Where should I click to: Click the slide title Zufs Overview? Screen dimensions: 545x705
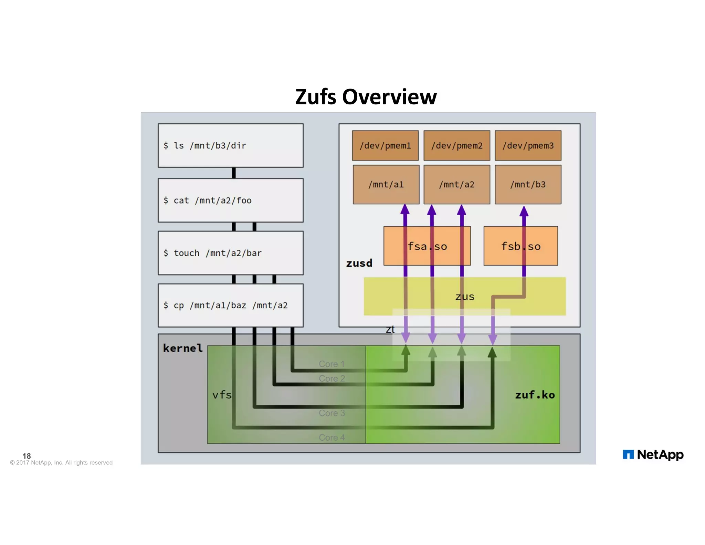(366, 97)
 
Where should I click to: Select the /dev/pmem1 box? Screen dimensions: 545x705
(385, 145)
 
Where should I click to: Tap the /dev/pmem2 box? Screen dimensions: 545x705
(456, 145)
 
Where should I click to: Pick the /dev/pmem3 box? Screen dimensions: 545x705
(528, 145)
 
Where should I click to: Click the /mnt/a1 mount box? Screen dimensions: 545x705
(386, 184)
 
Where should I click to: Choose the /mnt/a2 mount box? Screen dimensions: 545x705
(456, 184)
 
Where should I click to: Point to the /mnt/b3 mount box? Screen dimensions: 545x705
(528, 184)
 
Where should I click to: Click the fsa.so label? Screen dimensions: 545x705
(427, 246)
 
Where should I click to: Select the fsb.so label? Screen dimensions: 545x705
(520, 246)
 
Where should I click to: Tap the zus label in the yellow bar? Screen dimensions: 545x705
(465, 297)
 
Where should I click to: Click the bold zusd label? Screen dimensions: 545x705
(359, 263)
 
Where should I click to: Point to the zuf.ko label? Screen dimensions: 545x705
(535, 395)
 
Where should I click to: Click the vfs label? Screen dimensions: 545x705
(222, 395)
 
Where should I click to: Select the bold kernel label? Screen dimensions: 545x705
(182, 348)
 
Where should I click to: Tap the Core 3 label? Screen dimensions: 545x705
(332, 413)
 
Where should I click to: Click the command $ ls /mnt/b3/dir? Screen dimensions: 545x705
(205, 146)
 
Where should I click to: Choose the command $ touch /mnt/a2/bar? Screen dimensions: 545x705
(212, 253)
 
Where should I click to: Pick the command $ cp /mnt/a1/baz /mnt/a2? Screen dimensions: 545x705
(225, 306)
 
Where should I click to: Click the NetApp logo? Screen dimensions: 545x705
(653, 455)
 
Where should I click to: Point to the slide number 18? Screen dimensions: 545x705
(27, 456)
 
